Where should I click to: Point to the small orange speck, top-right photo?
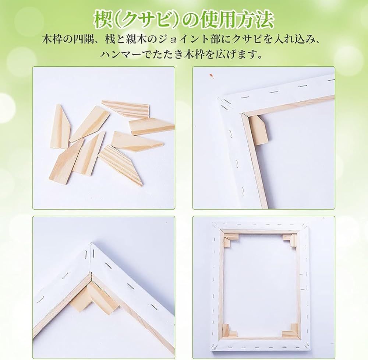[x=211, y=75]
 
